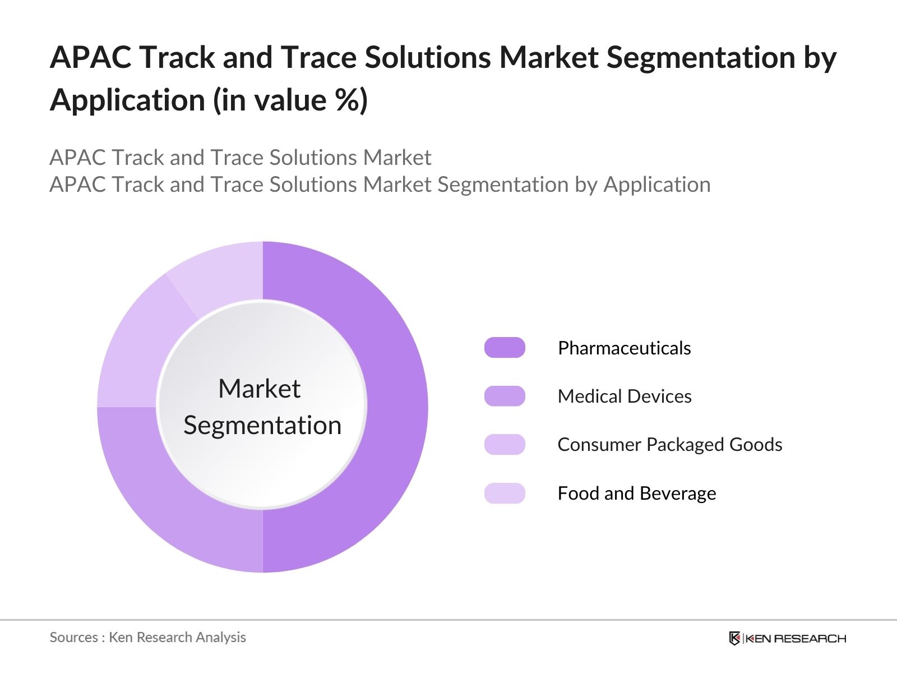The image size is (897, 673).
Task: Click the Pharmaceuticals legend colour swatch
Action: pyautogui.click(x=505, y=347)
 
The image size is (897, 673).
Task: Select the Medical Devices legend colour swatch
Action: pyautogui.click(x=505, y=396)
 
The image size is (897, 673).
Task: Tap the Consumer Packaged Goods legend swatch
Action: pyautogui.click(x=505, y=444)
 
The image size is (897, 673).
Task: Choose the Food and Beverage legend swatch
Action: pyautogui.click(x=505, y=493)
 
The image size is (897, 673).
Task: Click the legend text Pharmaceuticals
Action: pyautogui.click(x=625, y=348)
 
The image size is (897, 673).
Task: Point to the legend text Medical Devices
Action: pyautogui.click(x=625, y=397)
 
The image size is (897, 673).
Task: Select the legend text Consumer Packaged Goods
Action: pyautogui.click(x=670, y=445)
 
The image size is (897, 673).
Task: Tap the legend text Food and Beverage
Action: pyautogui.click(x=637, y=493)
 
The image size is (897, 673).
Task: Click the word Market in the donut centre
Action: pyautogui.click(x=260, y=388)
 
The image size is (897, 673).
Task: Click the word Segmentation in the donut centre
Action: pyautogui.click(x=262, y=426)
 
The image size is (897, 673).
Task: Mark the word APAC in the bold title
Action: pyautogui.click(x=91, y=57)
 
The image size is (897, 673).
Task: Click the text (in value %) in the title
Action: pyautogui.click(x=290, y=100)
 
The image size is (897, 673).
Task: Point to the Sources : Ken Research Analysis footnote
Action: pyautogui.click(x=147, y=637)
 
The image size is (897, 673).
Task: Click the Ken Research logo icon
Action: pyautogui.click(x=734, y=638)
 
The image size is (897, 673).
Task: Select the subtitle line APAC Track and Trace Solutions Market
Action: pyautogui.click(x=241, y=158)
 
